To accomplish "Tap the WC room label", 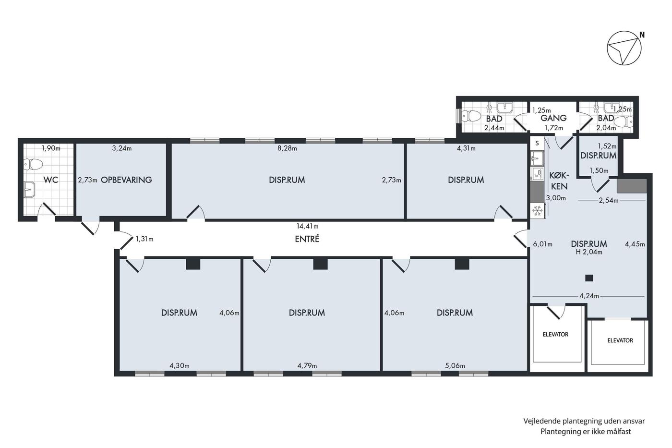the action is (51, 180).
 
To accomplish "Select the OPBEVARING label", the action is (126, 180).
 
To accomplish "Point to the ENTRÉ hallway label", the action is (307, 239).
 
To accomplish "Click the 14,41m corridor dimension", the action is (308, 226).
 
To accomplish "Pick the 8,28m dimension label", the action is (287, 148).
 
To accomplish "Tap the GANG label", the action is (553, 118).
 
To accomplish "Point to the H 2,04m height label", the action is (589, 252).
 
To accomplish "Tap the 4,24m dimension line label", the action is (589, 296).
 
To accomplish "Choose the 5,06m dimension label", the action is (455, 366).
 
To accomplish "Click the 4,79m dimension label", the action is (307, 366).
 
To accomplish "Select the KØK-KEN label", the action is (559, 181).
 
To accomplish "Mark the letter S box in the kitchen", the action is (537, 143).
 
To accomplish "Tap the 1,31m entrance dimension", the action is (144, 239).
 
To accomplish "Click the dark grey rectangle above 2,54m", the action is (632, 186).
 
